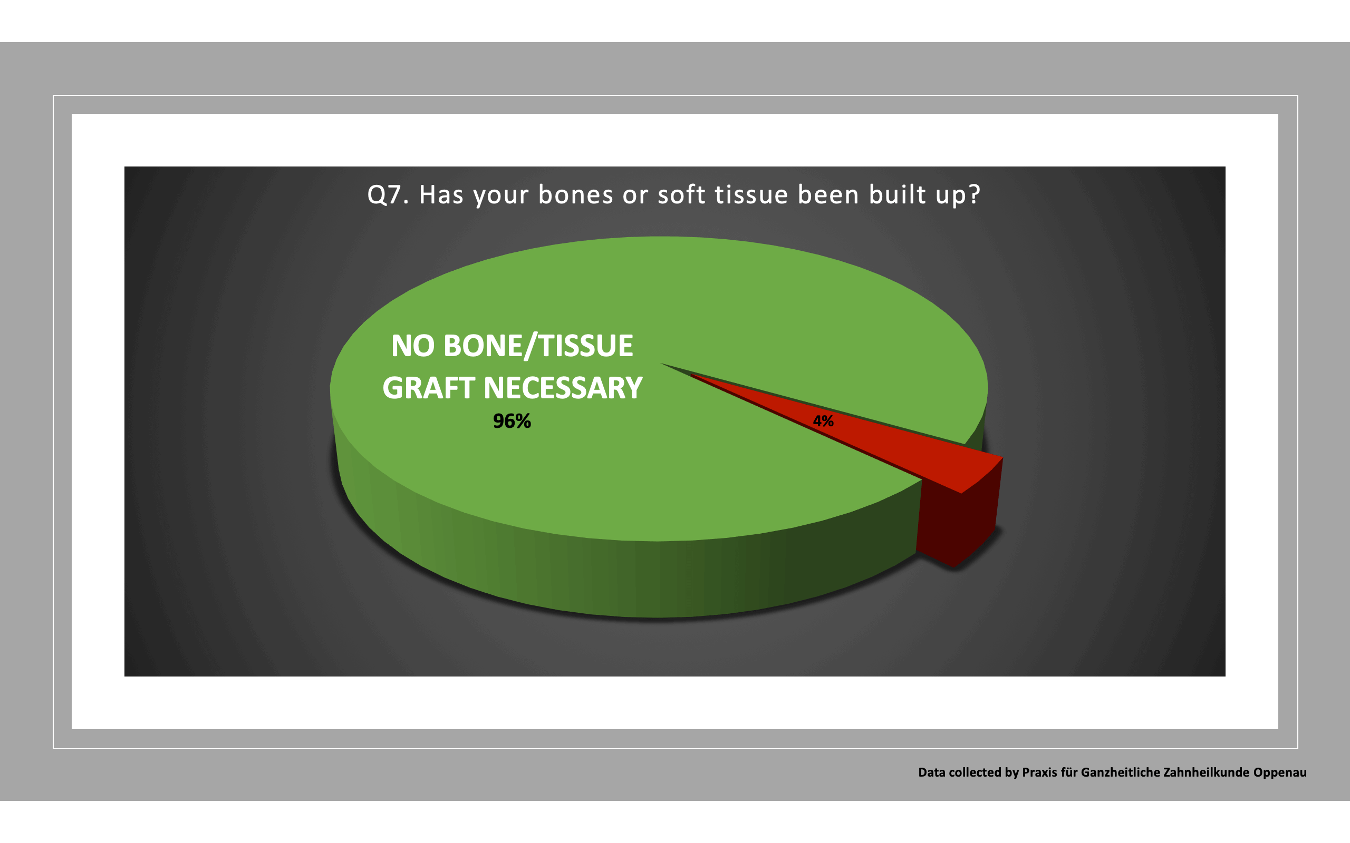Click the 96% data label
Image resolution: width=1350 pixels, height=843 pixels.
[512, 421]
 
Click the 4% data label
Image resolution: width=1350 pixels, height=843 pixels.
[823, 421]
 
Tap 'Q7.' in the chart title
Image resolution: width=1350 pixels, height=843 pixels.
[388, 194]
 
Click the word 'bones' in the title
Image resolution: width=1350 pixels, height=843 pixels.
[576, 194]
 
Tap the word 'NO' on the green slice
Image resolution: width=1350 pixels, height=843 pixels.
[412, 346]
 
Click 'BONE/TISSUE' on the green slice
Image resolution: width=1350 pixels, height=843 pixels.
[538, 346]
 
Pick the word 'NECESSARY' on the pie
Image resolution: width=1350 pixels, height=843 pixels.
[563, 388]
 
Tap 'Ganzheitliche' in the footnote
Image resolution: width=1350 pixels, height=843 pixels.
[1112, 772]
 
